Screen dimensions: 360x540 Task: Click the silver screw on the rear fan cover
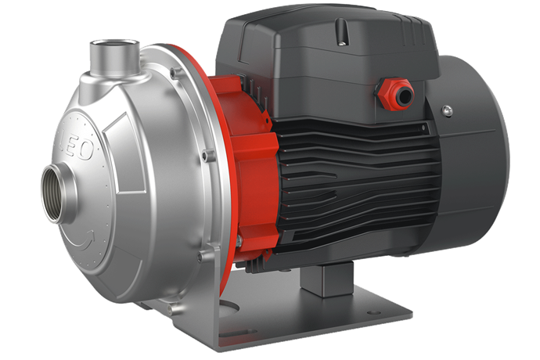point(448,109)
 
